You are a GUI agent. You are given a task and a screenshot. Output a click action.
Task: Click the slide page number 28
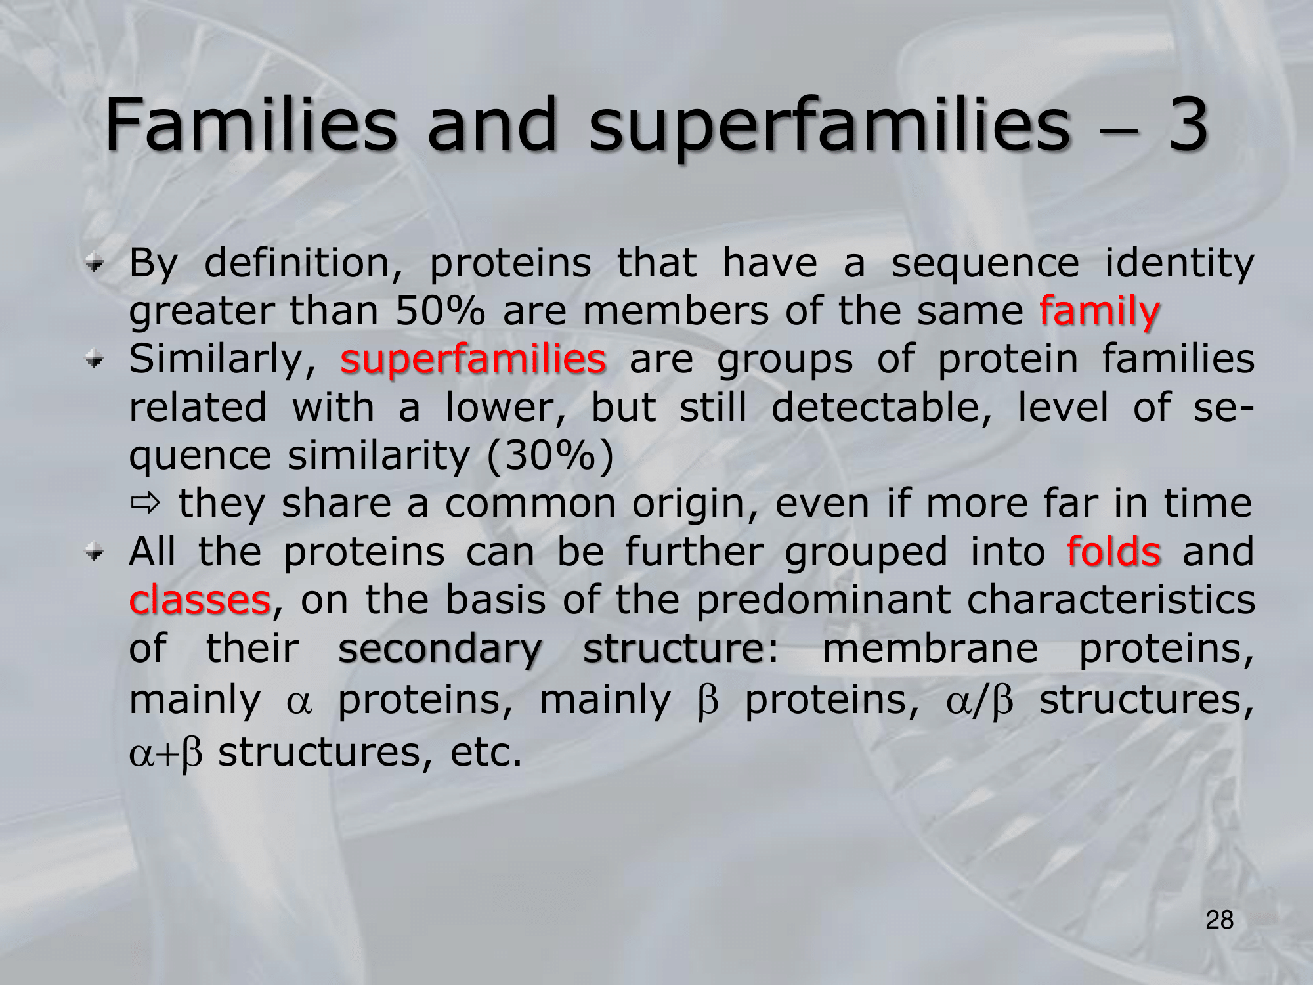[1220, 921]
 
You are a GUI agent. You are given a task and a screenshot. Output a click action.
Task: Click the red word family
[1100, 313]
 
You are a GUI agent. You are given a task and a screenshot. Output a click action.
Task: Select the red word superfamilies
[473, 361]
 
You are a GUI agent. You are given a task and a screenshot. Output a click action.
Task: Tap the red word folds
[1113, 551]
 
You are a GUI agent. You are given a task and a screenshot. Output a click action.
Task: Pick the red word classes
[200, 600]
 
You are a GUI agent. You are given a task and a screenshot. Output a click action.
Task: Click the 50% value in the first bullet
[439, 311]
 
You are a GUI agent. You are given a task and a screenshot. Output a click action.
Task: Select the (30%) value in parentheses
[550, 456]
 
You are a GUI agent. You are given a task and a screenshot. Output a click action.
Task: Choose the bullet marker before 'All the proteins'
[95, 553]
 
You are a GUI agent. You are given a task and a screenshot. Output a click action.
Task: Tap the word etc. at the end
[486, 753]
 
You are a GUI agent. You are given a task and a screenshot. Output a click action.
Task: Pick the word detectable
[881, 407]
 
